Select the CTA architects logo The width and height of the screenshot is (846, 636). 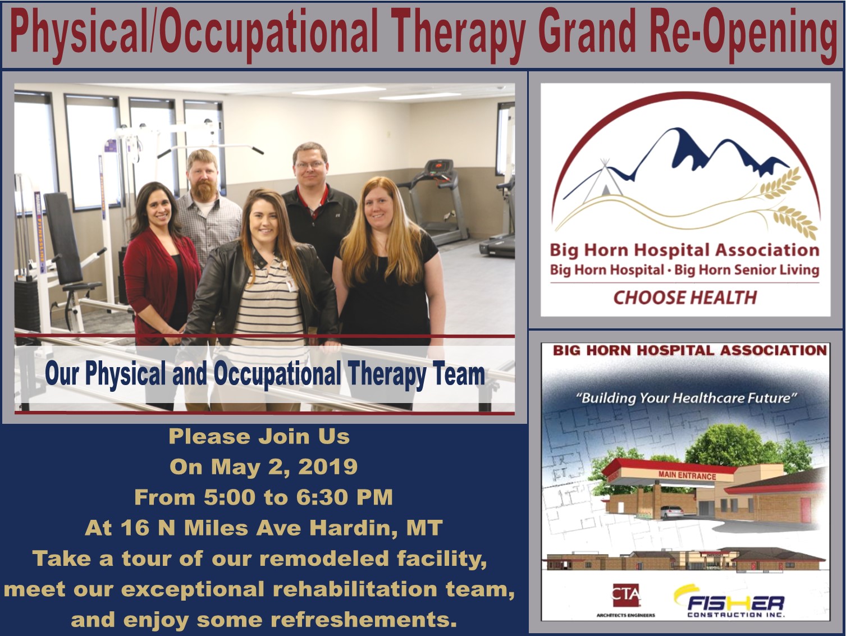[626, 599]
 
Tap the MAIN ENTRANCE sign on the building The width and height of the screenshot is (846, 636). [687, 475]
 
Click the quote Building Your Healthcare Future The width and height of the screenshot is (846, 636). [686, 398]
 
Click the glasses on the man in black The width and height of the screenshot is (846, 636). [310, 165]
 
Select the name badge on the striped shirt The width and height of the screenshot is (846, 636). [290, 281]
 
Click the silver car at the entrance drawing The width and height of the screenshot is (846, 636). [672, 512]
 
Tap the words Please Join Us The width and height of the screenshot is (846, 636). [259, 437]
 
